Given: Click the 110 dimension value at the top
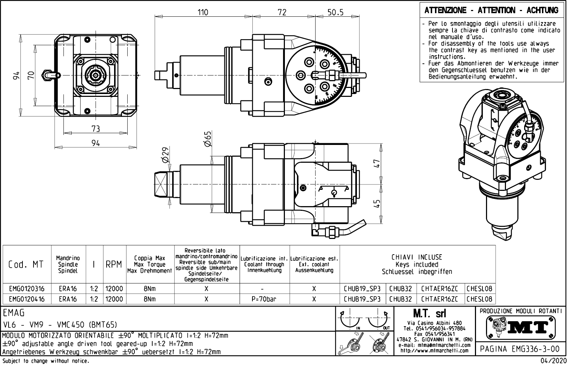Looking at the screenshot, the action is [203, 12].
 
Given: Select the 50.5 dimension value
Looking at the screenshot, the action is [336, 12].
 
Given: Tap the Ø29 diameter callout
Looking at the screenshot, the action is [165, 155].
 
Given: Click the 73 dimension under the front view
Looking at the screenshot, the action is [96, 129].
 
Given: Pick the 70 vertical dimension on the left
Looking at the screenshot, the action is [31, 75].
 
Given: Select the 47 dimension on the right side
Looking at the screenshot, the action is [377, 163].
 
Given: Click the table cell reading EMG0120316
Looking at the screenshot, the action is [27, 289].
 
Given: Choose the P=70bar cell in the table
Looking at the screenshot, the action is [264, 299].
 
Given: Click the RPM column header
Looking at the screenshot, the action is [114, 265].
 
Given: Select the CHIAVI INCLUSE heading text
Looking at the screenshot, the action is [417, 257].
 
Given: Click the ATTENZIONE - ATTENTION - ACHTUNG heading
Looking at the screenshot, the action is [491, 10].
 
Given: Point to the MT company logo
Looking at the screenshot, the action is [521, 328].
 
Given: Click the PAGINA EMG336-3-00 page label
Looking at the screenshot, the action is [520, 349].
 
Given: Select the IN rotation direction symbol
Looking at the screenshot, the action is [351, 319].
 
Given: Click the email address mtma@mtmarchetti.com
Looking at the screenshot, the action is [434, 345].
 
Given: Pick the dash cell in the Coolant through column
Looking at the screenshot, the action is [262, 289].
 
